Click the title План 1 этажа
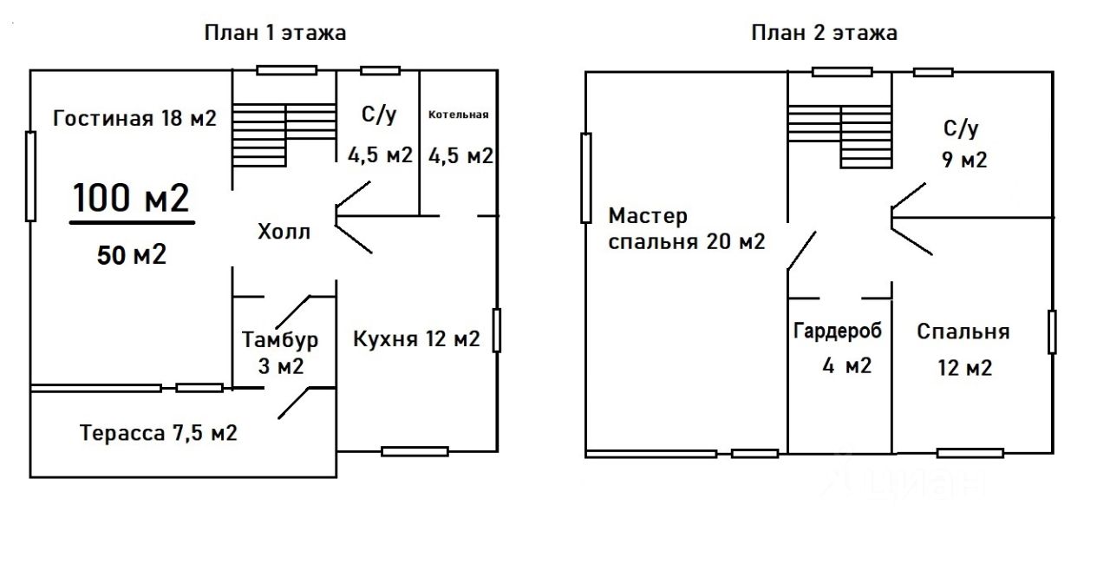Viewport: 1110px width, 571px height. (275, 33)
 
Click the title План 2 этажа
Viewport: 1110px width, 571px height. (824, 33)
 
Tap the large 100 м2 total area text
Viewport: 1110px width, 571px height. (131, 198)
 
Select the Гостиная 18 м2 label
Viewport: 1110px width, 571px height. (134, 119)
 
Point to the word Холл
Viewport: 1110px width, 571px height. (284, 232)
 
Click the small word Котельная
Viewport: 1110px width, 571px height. (459, 115)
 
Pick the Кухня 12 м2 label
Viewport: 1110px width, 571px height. (416, 339)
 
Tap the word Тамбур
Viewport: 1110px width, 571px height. (280, 340)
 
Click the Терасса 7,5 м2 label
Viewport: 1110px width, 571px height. (159, 433)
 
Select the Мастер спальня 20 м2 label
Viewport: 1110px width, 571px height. (687, 228)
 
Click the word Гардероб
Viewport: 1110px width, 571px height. (838, 331)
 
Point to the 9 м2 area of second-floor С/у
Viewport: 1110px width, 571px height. (964, 160)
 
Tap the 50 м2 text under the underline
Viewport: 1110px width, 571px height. (131, 255)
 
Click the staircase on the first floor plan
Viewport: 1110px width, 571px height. (284, 135)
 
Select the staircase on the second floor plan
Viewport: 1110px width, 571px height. (840, 136)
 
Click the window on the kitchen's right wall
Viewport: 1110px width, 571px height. (497, 330)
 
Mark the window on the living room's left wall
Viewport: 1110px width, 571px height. (30, 176)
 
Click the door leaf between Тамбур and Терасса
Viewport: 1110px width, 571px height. (294, 403)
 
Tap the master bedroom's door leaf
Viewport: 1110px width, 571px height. (802, 250)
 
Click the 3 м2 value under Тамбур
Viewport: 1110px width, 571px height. (280, 367)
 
